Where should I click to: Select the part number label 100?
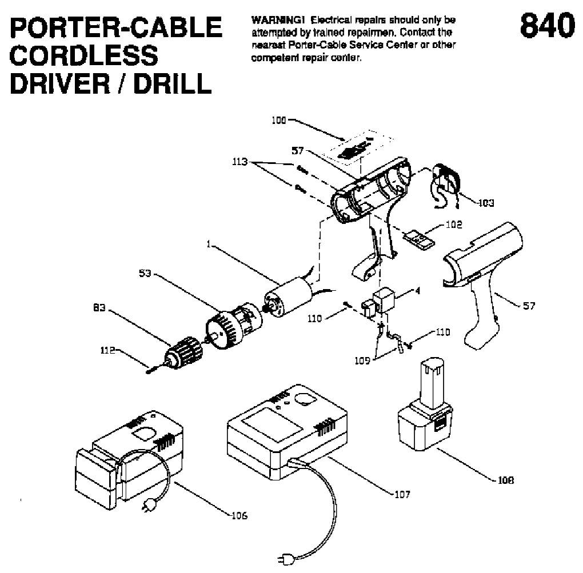point(279,121)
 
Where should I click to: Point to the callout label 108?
point(505,480)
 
